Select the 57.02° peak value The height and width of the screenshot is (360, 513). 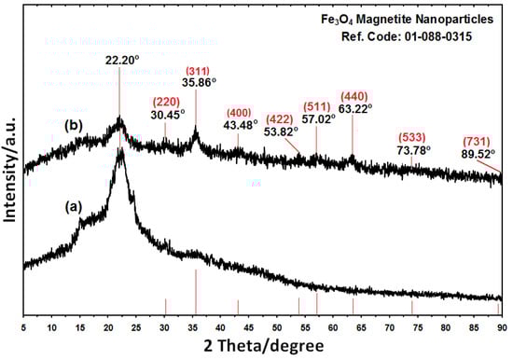(x=316, y=119)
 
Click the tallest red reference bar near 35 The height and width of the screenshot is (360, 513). (x=195, y=293)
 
